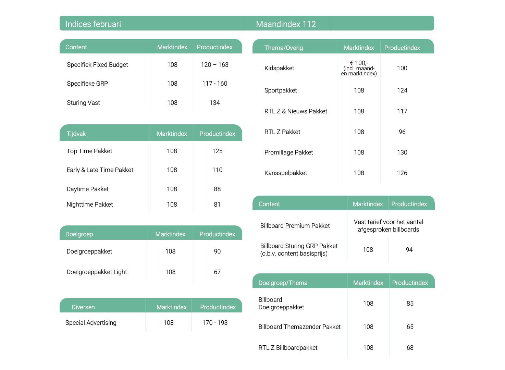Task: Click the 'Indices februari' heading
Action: pyautogui.click(x=93, y=24)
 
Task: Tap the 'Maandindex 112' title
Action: pyautogui.click(x=286, y=24)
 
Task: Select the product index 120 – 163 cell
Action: pyautogui.click(x=214, y=65)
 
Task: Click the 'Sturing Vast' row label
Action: pyautogui.click(x=83, y=103)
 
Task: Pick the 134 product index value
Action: pyautogui.click(x=214, y=103)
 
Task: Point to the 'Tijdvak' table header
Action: pyautogui.click(x=76, y=134)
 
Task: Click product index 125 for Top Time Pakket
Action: pyautogui.click(x=217, y=151)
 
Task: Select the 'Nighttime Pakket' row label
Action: pyautogui.click(x=89, y=205)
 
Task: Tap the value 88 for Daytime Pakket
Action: pyautogui.click(x=217, y=189)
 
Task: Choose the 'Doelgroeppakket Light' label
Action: pyautogui.click(x=97, y=272)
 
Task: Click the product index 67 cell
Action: pyautogui.click(x=217, y=272)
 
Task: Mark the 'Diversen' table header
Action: pyautogui.click(x=83, y=307)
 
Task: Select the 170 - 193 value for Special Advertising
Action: pyautogui.click(x=215, y=323)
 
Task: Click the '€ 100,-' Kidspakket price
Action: pyautogui.click(x=359, y=63)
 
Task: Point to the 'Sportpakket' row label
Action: pyautogui.click(x=280, y=90)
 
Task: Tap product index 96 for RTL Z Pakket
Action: pyautogui.click(x=402, y=132)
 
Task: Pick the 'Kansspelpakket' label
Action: pyautogui.click(x=285, y=173)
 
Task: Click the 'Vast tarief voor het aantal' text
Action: pyautogui.click(x=388, y=222)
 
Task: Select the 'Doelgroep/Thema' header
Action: pyautogui.click(x=283, y=283)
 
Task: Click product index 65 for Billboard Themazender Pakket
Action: pyautogui.click(x=410, y=327)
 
